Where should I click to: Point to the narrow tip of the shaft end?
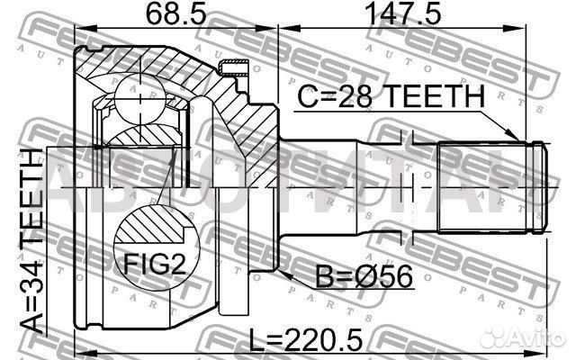pyautogui.click(x=543, y=184)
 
